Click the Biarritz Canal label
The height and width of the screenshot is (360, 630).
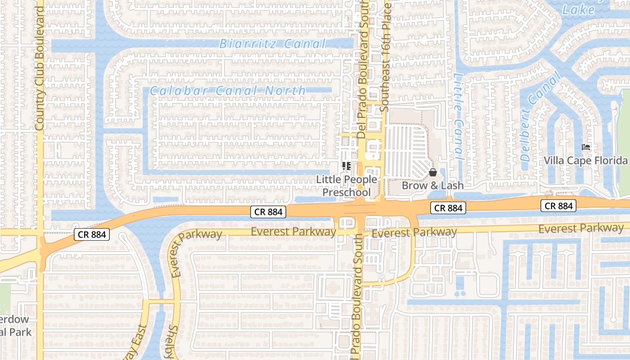[272, 44]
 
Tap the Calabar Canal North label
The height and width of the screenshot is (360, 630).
[228, 90]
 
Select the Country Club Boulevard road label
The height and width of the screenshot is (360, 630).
[40, 67]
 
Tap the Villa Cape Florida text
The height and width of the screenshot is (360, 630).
[585, 161]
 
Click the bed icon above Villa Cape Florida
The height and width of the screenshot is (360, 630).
[585, 147]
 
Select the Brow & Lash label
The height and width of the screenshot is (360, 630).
[432, 185]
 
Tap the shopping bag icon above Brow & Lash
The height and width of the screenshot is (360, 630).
[432, 172]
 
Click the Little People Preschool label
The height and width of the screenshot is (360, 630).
[346, 186]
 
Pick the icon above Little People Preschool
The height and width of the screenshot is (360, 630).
[346, 166]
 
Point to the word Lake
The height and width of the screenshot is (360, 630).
[578, 9]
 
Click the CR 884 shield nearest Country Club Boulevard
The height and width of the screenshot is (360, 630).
[92, 234]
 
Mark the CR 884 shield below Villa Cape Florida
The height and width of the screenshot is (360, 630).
[558, 206]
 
